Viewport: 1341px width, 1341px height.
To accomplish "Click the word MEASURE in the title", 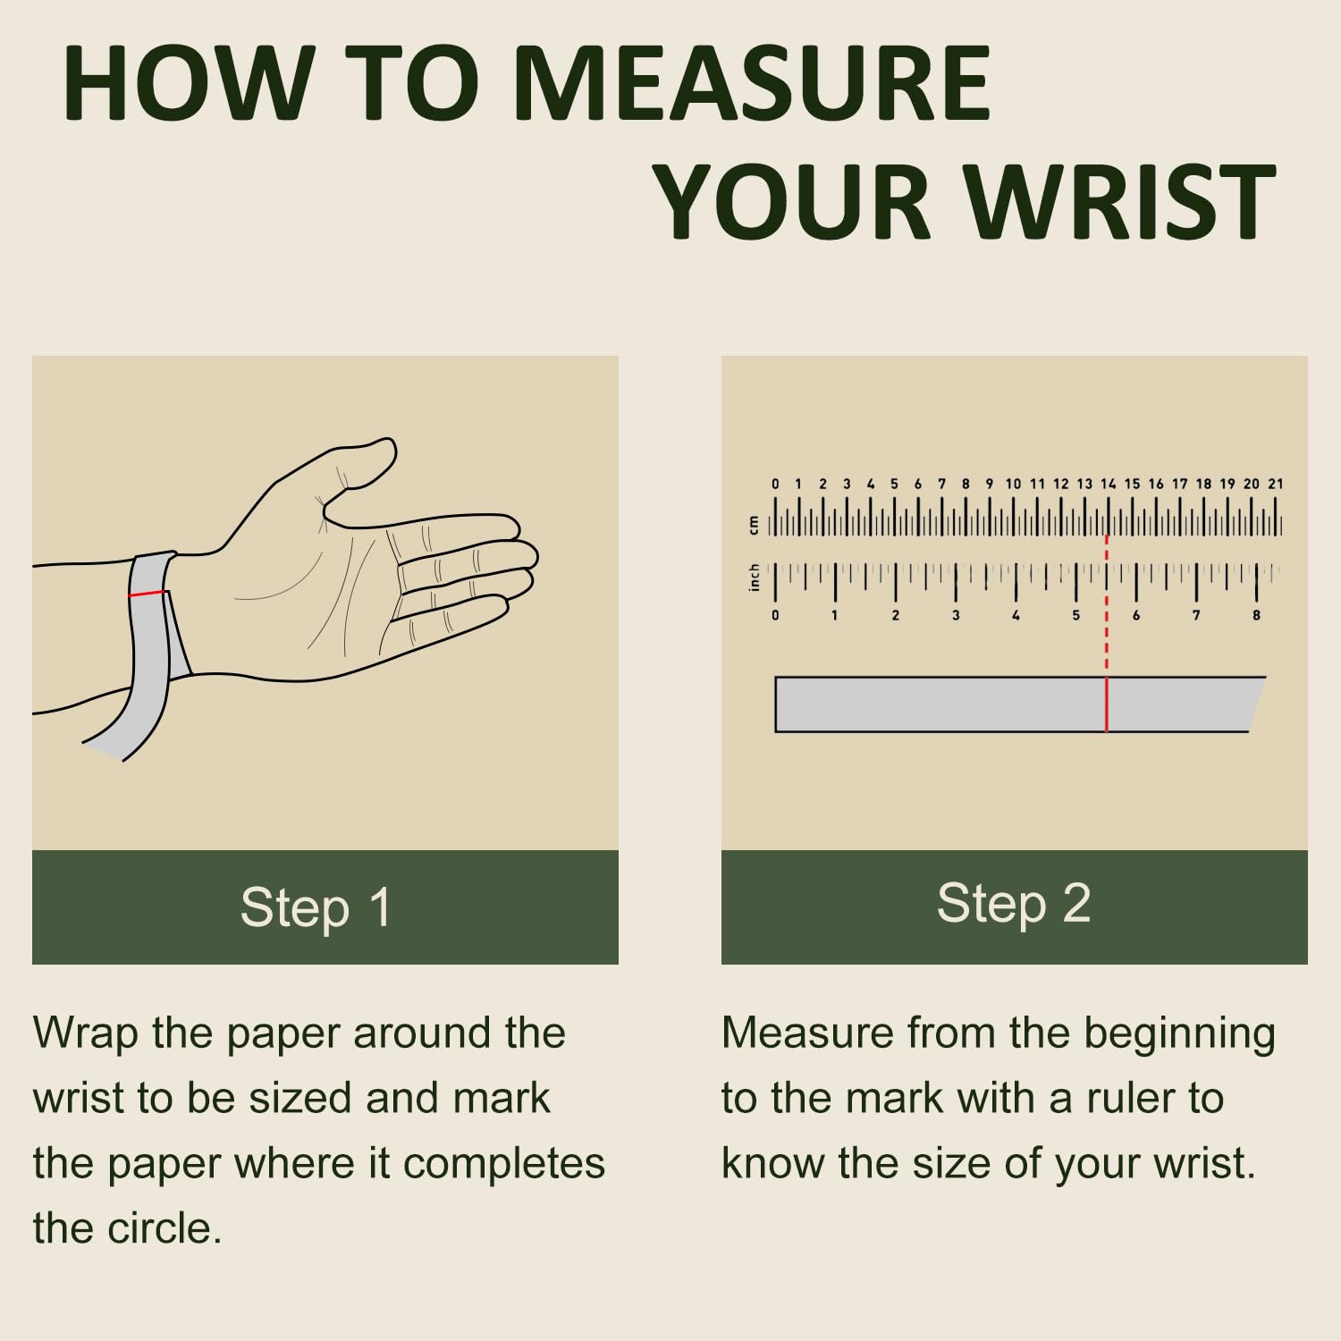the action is pos(753,82).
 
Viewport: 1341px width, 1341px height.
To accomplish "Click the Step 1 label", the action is pos(316,907).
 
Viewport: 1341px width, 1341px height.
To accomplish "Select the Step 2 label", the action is pos(1014,902).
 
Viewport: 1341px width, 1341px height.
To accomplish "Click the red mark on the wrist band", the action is pos(147,594).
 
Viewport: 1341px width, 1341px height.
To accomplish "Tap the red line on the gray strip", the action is pos(1107,704).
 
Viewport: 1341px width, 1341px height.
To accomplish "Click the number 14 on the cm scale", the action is pos(1109,484).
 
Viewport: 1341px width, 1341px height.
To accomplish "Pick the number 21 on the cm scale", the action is pos(1276,484).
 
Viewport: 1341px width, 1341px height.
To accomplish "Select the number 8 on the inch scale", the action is pos(1256,615).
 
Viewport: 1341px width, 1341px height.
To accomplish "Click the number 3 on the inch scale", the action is pos(956,615).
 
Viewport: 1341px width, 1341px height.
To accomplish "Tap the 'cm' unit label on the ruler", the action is pos(754,525).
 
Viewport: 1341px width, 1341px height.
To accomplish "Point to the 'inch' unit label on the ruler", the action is pos(754,578).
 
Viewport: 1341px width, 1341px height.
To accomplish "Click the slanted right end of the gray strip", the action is pos(1257,704).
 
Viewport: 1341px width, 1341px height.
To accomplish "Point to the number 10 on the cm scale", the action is pos(1013,484).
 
